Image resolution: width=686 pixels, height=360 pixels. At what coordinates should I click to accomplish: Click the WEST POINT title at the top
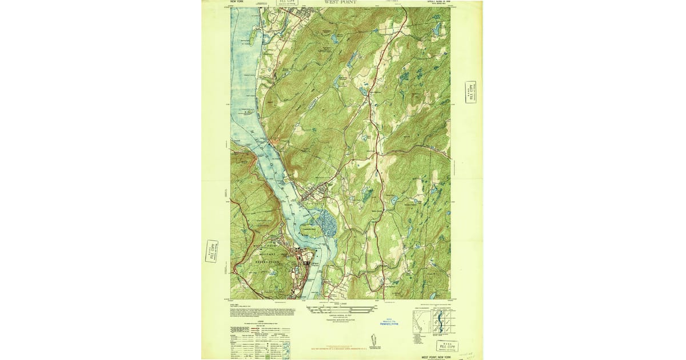tap(340, 2)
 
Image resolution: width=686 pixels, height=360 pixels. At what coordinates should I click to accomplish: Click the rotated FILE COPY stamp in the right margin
tap(471, 92)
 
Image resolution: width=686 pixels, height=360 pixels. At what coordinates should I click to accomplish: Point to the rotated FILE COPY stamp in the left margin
tap(212, 251)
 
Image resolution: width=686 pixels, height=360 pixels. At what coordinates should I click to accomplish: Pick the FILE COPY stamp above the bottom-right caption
tap(448, 345)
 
